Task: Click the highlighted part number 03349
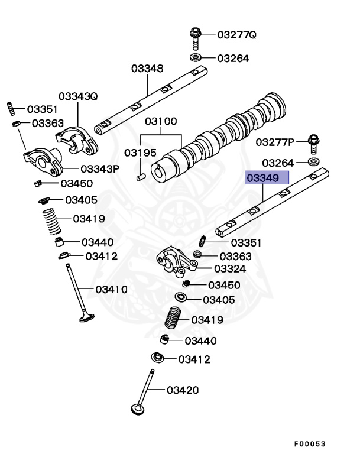[267, 178]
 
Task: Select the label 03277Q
[236, 34]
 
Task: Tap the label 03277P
[275, 142]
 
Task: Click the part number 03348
[147, 69]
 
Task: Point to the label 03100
[161, 122]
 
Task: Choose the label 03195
[140, 153]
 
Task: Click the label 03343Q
[77, 96]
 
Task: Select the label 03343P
[100, 168]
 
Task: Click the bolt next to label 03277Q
[196, 37]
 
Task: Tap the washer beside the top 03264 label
[196, 58]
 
